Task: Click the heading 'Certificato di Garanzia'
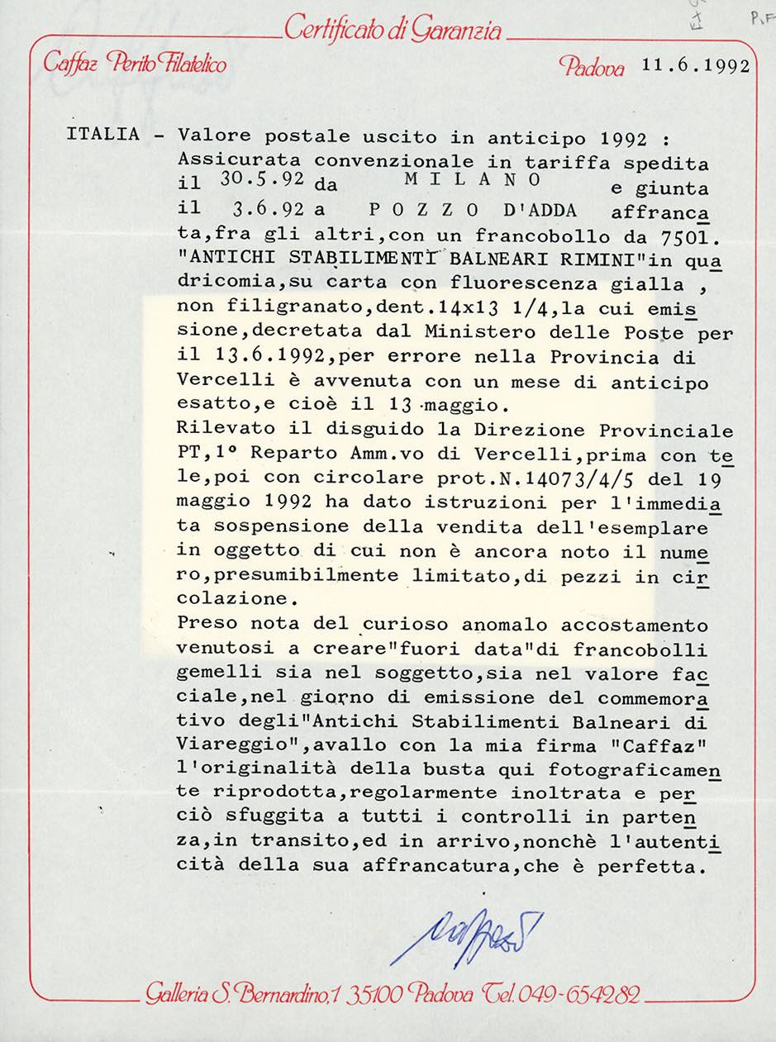[x=393, y=31]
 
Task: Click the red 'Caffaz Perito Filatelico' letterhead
[x=135, y=63]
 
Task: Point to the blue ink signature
[x=466, y=935]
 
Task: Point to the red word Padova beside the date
[x=592, y=66]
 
